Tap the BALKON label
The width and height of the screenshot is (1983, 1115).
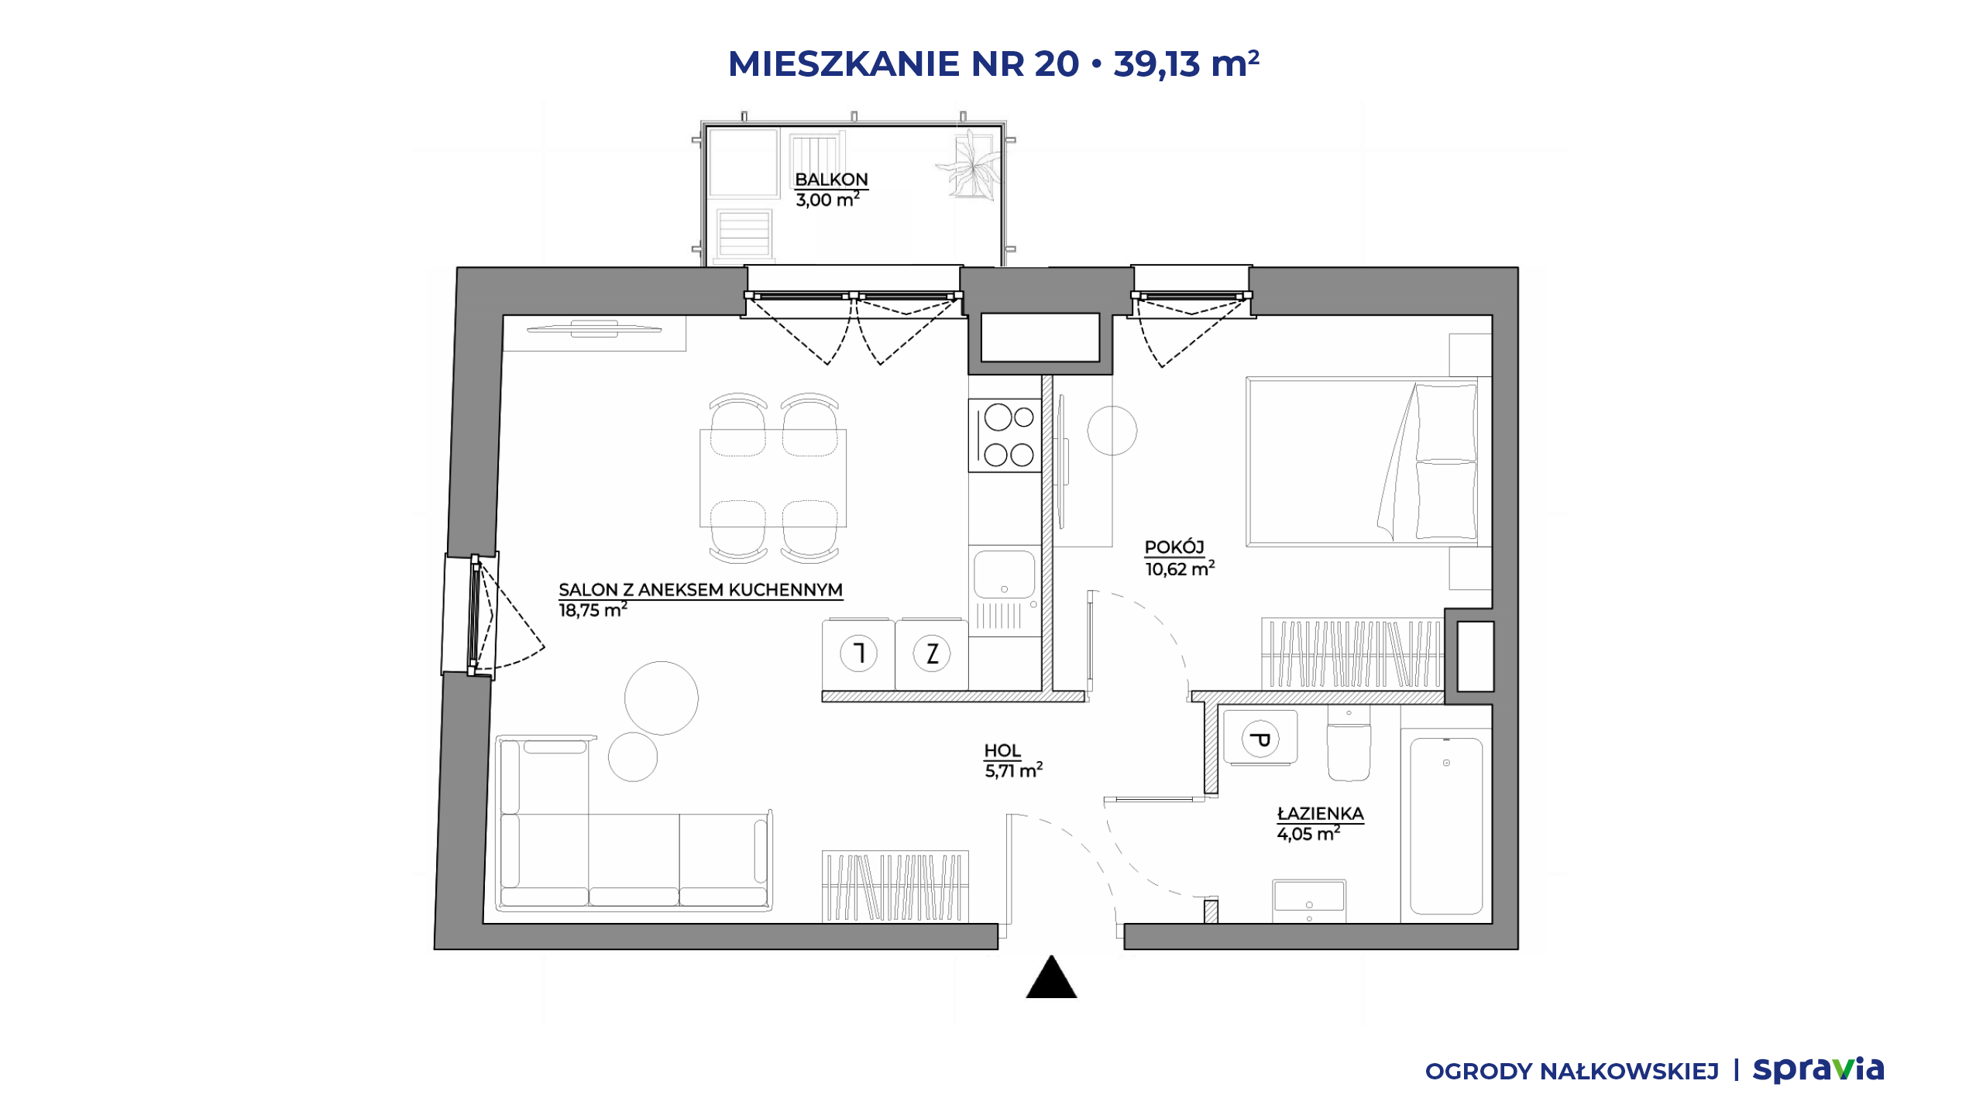tap(831, 180)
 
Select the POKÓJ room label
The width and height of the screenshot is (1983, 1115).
tap(1174, 547)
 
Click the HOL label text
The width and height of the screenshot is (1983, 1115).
tap(1002, 750)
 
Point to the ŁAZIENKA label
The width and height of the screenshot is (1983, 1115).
tap(1320, 813)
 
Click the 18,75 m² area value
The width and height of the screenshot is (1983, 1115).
tap(593, 610)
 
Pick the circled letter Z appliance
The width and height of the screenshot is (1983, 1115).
tap(932, 654)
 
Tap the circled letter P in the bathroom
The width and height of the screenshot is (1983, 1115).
tap(1260, 739)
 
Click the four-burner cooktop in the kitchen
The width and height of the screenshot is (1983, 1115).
tap(1005, 435)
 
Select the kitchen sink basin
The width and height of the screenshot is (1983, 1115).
tap(1005, 575)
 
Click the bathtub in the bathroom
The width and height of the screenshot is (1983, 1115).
tap(1446, 826)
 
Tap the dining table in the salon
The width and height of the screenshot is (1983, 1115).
tap(773, 479)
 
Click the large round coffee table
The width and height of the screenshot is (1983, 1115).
tap(662, 698)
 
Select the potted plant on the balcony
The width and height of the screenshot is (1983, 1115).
tap(971, 167)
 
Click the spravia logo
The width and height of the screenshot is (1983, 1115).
tap(1818, 1069)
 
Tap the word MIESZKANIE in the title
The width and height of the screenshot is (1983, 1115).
tap(844, 63)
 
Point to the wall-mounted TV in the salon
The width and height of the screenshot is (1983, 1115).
tap(594, 329)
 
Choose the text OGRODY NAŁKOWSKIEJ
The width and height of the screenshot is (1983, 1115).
tap(1572, 1072)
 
